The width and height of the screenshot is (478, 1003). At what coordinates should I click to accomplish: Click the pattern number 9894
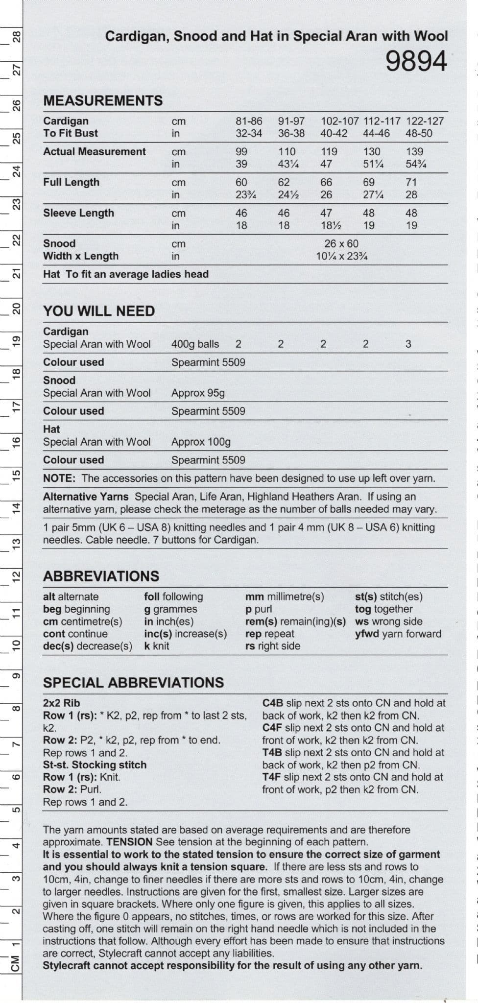click(416, 62)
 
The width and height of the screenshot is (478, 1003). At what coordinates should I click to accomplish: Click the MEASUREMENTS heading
click(103, 100)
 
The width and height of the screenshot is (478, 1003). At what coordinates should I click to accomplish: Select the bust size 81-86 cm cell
click(249, 121)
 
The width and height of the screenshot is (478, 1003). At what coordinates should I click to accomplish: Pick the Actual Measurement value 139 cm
click(414, 152)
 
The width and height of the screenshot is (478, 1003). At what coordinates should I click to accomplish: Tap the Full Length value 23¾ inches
click(246, 195)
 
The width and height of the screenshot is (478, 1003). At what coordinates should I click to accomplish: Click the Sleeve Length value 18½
click(331, 226)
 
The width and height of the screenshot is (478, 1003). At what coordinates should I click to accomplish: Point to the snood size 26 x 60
click(341, 243)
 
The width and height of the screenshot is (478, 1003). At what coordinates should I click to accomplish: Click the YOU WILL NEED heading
click(99, 311)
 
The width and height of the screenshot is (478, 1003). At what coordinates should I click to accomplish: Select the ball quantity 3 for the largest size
click(408, 344)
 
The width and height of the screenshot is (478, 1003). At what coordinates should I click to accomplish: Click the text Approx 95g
click(198, 393)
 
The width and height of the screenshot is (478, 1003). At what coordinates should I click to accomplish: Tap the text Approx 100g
click(201, 442)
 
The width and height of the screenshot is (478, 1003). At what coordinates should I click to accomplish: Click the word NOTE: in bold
click(59, 478)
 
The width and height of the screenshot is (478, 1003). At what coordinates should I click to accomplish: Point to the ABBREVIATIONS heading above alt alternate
click(101, 576)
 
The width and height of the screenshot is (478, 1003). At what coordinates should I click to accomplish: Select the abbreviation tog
click(363, 609)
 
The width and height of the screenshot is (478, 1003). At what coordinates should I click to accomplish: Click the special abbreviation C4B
click(273, 703)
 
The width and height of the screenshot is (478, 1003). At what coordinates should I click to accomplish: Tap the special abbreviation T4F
click(271, 777)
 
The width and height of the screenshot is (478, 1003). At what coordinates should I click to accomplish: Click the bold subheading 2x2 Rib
click(61, 703)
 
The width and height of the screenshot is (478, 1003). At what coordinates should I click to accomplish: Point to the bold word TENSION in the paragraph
click(129, 842)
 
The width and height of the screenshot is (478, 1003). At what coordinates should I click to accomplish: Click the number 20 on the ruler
click(16, 309)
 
